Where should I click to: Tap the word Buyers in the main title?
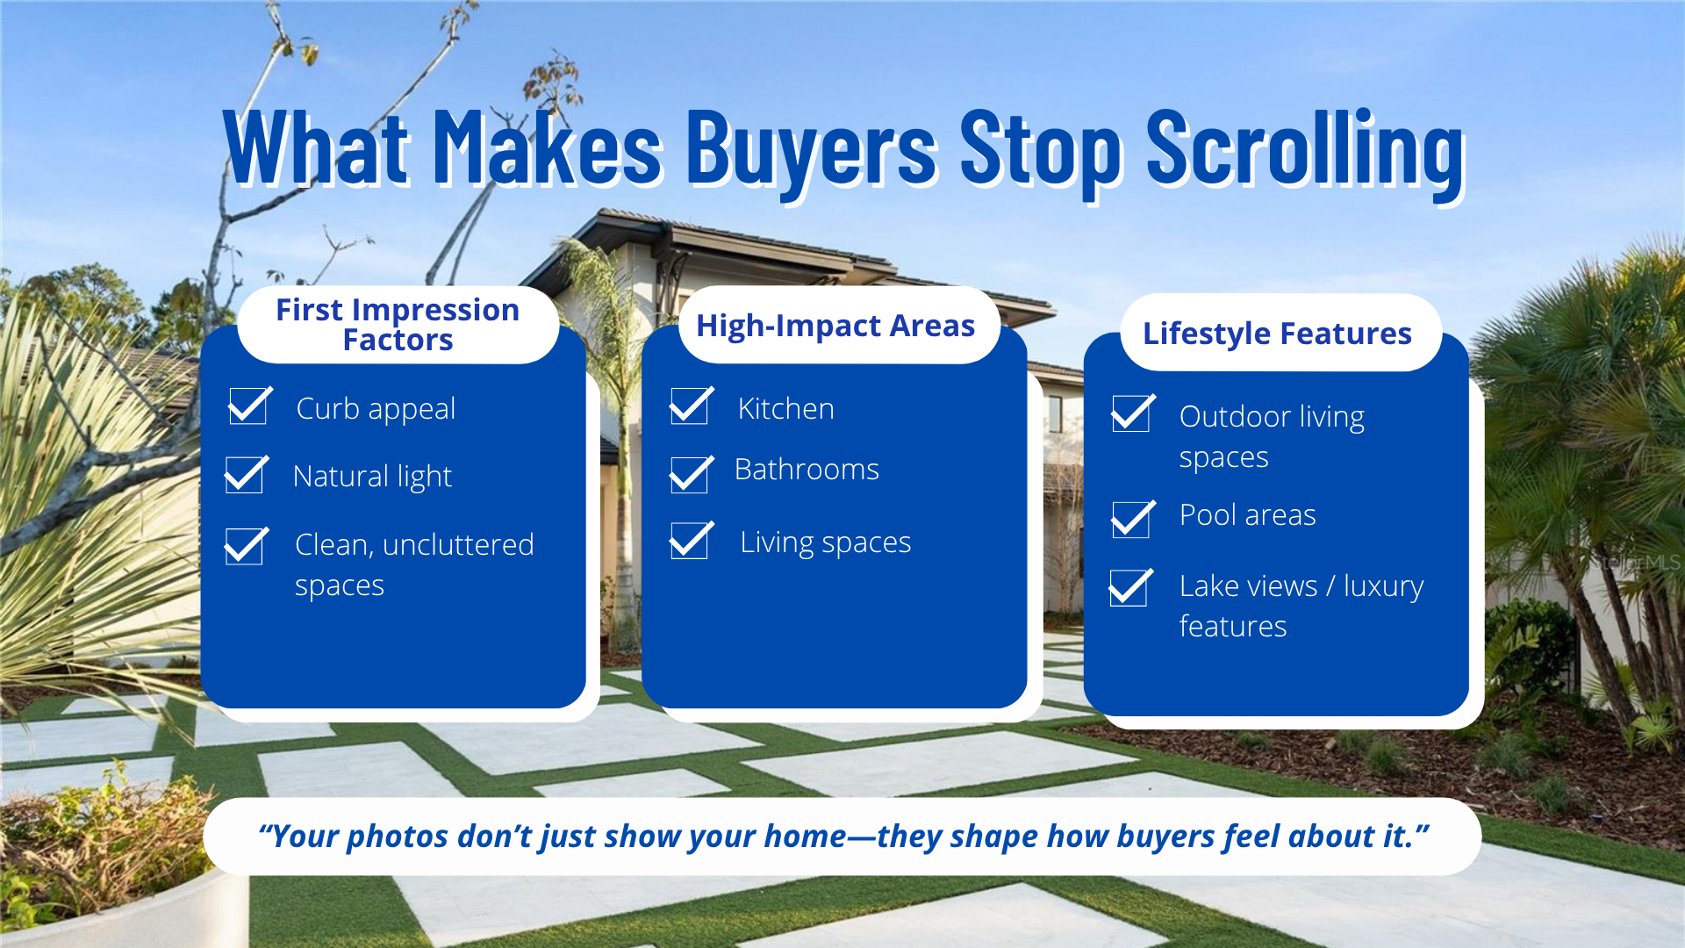pyautogui.click(x=811, y=149)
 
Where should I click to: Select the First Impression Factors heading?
pyautogui.click(x=398, y=325)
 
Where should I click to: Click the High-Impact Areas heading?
pyautogui.click(x=835, y=326)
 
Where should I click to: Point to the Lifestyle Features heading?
pyautogui.click(x=1277, y=334)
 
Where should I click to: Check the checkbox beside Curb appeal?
pyautogui.click(x=248, y=406)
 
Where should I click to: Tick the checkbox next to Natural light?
pyautogui.click(x=245, y=475)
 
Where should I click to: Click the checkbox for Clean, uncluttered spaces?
pyautogui.click(x=245, y=546)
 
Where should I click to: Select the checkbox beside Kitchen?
pyautogui.click(x=690, y=406)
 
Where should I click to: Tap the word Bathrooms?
pyautogui.click(x=807, y=470)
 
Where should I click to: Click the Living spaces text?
pyautogui.click(x=825, y=542)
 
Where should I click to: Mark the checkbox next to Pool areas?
pyautogui.click(x=1131, y=520)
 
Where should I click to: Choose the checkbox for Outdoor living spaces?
pyautogui.click(x=1131, y=413)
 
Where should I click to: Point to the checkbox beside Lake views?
pyautogui.click(x=1129, y=587)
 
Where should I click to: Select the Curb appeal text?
pyautogui.click(x=376, y=409)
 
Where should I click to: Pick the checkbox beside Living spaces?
pyautogui.click(x=690, y=541)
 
